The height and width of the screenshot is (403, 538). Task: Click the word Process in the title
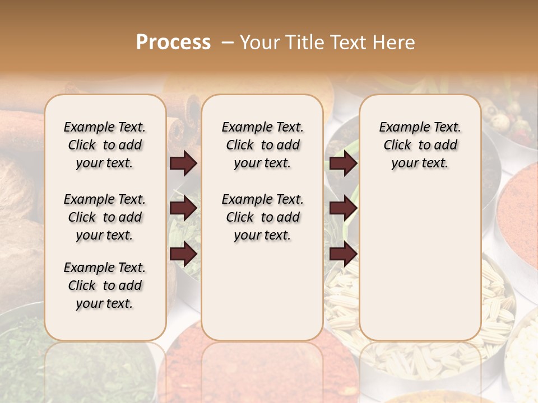pyautogui.click(x=173, y=42)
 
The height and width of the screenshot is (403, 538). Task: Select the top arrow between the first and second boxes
pyautogui.click(x=183, y=163)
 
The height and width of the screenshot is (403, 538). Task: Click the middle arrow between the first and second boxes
pyautogui.click(x=183, y=208)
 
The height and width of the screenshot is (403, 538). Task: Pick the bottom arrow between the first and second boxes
pyautogui.click(x=183, y=254)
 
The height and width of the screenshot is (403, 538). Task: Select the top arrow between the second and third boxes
pyautogui.click(x=343, y=163)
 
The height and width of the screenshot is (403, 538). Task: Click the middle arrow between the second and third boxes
pyautogui.click(x=343, y=208)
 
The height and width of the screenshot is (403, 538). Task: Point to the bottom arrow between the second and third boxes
pyautogui.click(x=343, y=254)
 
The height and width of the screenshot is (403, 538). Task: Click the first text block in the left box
pyautogui.click(x=105, y=145)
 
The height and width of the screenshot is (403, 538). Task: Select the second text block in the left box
pyautogui.click(x=105, y=217)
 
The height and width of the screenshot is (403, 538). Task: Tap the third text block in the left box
pyautogui.click(x=105, y=285)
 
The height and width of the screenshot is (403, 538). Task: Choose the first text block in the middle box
pyautogui.click(x=262, y=145)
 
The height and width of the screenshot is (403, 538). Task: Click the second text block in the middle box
pyautogui.click(x=262, y=217)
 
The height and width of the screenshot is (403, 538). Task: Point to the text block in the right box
pyautogui.click(x=420, y=145)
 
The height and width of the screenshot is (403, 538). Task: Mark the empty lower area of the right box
pyautogui.click(x=420, y=257)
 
